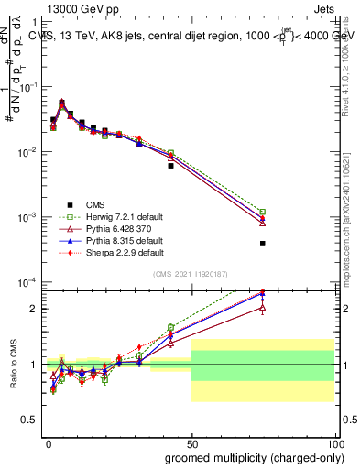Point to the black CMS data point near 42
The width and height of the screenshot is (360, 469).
[x=170, y=166]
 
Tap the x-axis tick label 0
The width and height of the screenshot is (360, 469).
[x=47, y=442]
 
